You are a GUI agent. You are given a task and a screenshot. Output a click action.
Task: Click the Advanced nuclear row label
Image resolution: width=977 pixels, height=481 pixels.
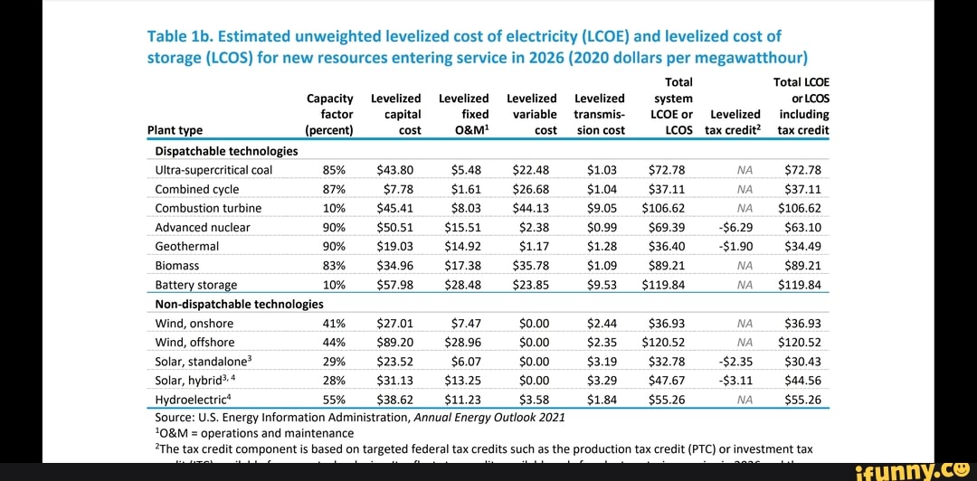pos(201,227)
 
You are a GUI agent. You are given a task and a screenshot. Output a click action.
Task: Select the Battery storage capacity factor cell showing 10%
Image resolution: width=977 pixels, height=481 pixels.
pos(334,285)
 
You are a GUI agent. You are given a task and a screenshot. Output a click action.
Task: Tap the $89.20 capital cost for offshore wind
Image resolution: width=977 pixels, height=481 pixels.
pos(394,343)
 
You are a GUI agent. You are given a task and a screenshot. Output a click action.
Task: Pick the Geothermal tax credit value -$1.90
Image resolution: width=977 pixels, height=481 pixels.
pos(735,246)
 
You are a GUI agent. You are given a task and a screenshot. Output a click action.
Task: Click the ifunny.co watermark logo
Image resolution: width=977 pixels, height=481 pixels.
pos(914,468)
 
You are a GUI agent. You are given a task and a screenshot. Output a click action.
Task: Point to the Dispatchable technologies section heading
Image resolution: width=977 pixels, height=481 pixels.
pos(226,151)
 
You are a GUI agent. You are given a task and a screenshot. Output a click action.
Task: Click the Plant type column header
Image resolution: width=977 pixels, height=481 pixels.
pos(175,130)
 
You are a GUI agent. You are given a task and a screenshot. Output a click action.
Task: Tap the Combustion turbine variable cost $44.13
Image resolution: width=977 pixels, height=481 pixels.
pos(530,208)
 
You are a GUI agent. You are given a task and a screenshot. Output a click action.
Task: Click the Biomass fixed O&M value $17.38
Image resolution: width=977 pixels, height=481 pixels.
pos(462,266)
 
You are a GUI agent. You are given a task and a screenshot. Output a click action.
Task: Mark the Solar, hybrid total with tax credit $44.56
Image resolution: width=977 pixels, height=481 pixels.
pos(802,381)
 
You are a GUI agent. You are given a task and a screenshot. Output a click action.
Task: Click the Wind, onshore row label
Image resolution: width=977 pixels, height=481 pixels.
pos(194,324)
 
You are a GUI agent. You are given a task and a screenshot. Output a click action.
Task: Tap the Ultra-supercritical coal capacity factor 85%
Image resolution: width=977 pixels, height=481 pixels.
pos(334,170)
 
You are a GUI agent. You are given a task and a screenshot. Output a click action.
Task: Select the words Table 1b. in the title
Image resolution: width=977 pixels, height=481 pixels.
pos(182,37)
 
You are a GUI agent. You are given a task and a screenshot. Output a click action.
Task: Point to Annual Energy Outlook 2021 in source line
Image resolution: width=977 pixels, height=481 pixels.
pos(489,418)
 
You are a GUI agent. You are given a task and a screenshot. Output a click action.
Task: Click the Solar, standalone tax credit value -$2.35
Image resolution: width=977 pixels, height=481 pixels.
pos(735,362)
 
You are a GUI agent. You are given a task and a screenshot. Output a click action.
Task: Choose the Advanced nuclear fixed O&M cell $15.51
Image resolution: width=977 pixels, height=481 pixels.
pos(462,227)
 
